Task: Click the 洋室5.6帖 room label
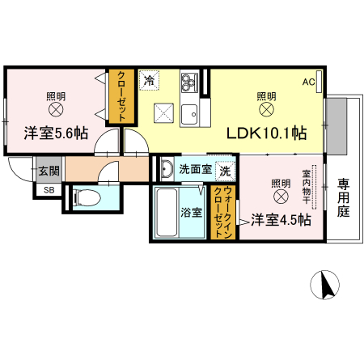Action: coord(56,133)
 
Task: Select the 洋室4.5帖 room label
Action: coord(280,218)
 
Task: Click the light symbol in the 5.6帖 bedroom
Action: coord(57,109)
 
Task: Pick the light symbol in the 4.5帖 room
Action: coord(280,197)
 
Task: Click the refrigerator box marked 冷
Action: coord(149,80)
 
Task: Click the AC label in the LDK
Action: coord(309,83)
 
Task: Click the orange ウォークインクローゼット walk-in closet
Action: coord(219,212)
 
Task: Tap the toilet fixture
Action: coord(86,197)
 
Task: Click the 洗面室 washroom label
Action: coord(195,170)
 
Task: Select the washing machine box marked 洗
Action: coord(226,171)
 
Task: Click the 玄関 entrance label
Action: coord(48,171)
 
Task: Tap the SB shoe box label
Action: coord(48,190)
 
